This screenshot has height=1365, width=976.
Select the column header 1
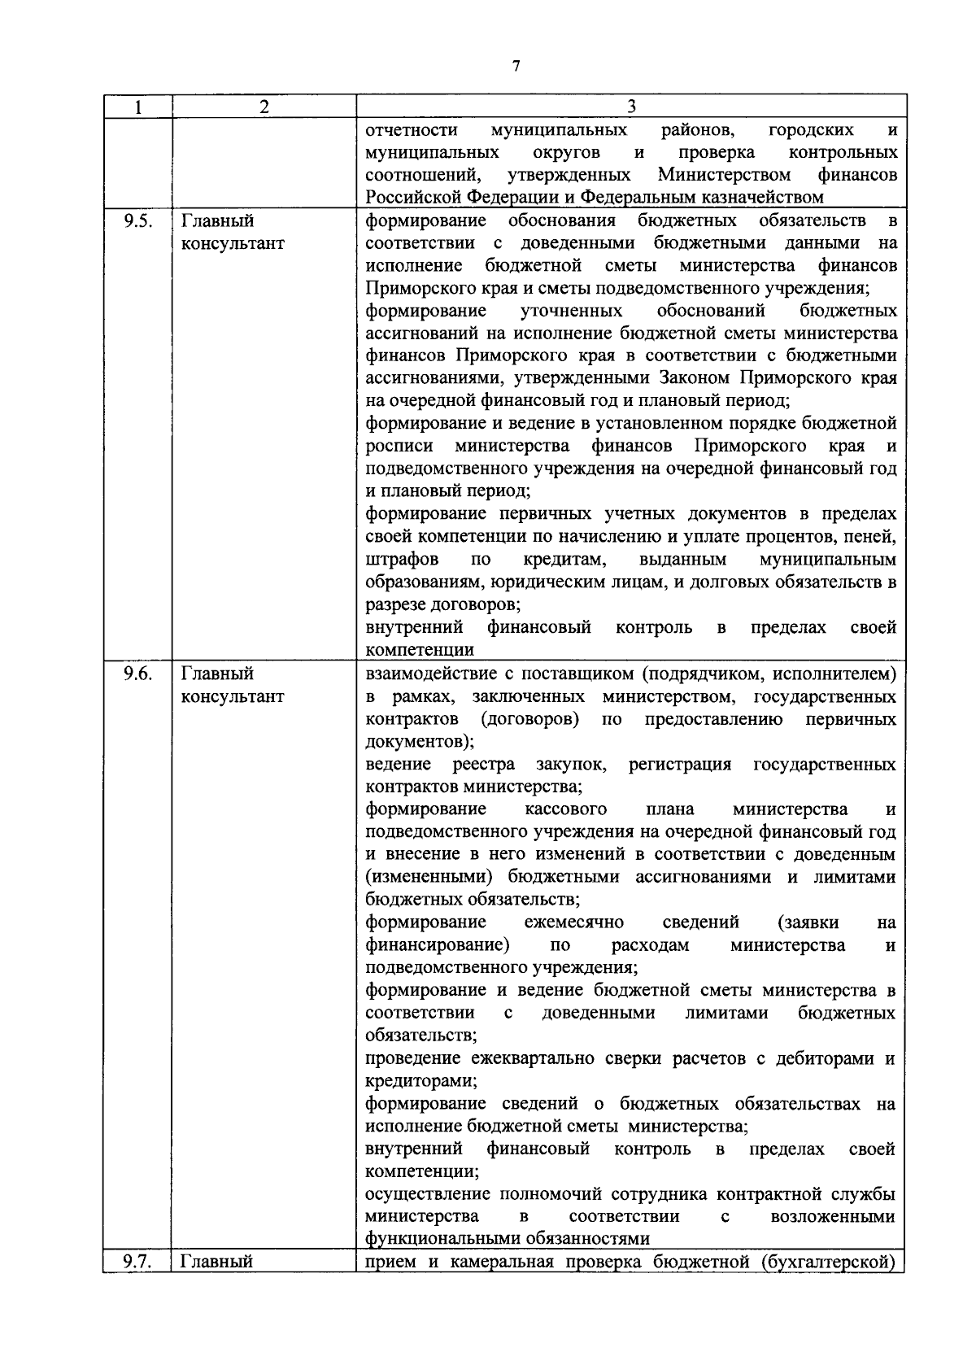click(x=138, y=107)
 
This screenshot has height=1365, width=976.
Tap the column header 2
click(x=264, y=107)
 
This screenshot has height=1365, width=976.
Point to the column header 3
click(x=631, y=107)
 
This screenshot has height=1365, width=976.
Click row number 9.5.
click(x=137, y=220)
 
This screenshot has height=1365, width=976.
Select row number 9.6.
click(x=137, y=674)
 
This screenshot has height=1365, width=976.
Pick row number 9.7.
click(x=137, y=1262)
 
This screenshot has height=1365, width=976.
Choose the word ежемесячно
click(x=574, y=922)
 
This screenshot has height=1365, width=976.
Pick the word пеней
click(x=872, y=537)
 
